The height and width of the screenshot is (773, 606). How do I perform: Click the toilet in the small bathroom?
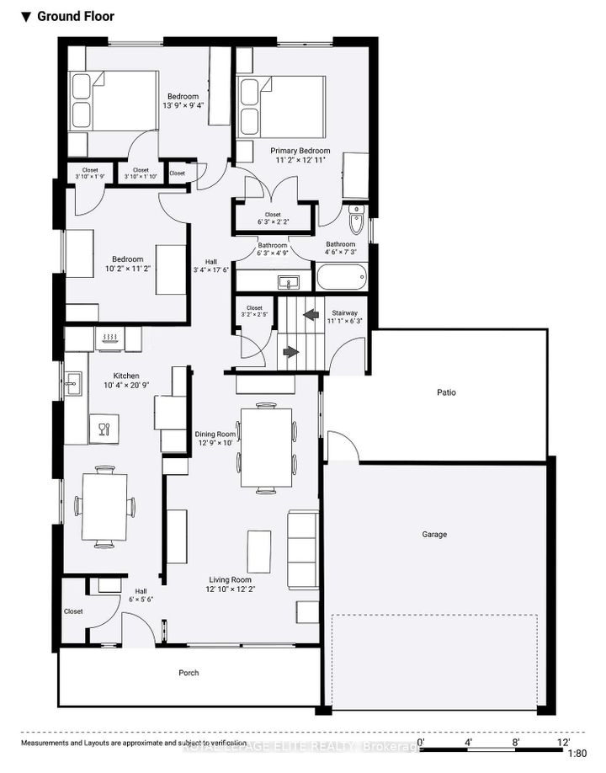(356, 221)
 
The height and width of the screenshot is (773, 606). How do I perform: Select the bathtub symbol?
(342, 277)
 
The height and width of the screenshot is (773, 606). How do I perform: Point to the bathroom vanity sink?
(288, 281)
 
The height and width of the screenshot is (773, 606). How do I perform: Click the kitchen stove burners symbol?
(110, 338)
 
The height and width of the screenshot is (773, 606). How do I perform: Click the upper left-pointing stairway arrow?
(311, 315)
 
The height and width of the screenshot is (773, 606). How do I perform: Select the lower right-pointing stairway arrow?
(290, 351)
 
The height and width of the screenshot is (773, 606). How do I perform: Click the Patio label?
(446, 392)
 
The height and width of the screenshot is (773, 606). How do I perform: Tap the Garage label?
(434, 534)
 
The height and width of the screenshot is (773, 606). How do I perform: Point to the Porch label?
(189, 673)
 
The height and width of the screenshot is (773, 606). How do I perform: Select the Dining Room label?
(215, 434)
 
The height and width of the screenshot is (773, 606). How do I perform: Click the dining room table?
(266, 447)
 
